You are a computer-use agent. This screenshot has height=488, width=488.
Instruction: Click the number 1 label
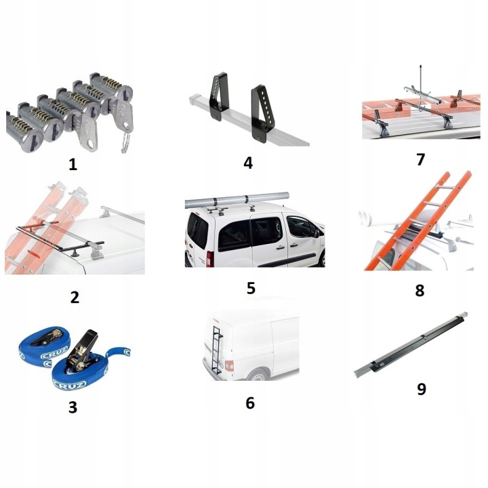(x=73, y=164)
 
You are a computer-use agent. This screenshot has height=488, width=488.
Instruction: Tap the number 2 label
(x=75, y=298)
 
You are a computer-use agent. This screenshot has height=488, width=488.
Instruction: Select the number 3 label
(x=73, y=407)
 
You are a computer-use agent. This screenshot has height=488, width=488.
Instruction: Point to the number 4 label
(x=248, y=163)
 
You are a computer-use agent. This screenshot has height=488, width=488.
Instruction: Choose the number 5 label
(x=251, y=288)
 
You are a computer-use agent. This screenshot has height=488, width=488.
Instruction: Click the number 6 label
(x=250, y=403)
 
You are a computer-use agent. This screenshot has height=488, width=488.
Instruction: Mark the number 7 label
(x=420, y=160)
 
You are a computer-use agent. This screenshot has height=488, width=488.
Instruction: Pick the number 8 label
(x=420, y=290)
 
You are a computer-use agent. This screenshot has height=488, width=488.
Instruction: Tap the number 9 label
(x=422, y=389)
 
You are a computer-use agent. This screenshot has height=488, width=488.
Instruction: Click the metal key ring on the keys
(x=126, y=143)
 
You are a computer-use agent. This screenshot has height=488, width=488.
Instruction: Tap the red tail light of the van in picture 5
(x=209, y=259)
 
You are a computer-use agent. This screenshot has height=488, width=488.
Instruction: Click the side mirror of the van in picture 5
(x=317, y=232)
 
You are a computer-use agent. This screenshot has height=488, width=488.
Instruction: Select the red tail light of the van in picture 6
(x=229, y=366)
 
